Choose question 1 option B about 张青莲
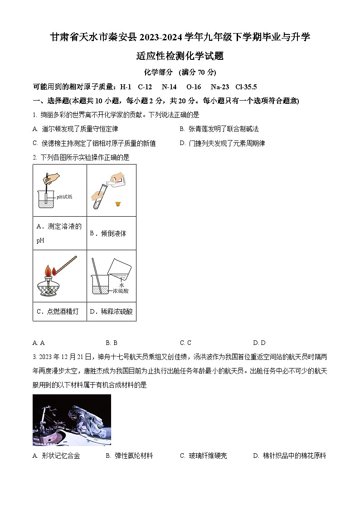[219, 129]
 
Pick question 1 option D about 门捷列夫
[222, 143]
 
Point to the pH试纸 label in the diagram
[64, 197]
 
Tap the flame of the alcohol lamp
[49, 271]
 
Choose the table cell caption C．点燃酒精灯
[57, 311]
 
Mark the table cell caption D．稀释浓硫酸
[111, 311]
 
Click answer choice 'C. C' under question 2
[185, 343]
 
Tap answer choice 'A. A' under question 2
[39, 343]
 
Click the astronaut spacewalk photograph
[72, 420]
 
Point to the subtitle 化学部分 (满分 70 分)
[180, 72]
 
